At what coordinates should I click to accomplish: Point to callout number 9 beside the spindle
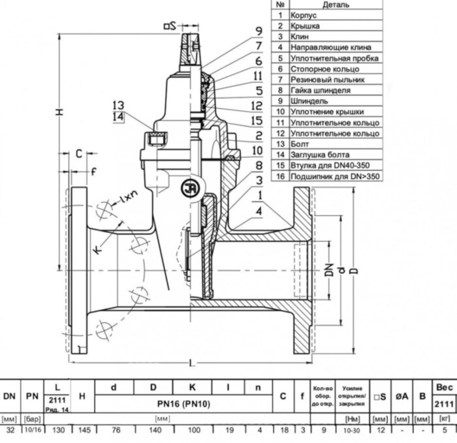[259, 31]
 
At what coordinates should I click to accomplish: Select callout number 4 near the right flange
[260, 211]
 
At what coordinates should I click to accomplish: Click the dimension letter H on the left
[59, 113]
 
